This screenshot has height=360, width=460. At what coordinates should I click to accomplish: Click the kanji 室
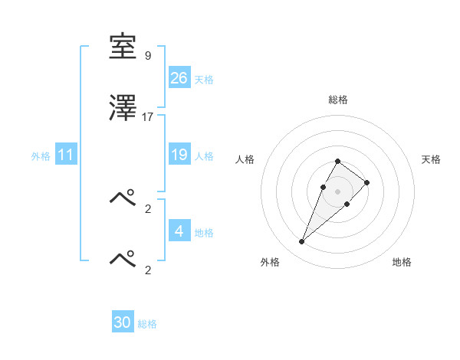123,47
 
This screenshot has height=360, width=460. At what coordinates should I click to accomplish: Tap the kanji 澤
123,109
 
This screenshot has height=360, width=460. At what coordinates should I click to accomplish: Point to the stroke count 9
148,56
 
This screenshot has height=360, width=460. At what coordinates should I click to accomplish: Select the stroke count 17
148,117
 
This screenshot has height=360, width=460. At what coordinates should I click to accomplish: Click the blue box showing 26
179,78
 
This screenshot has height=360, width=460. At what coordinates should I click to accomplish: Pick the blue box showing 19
179,155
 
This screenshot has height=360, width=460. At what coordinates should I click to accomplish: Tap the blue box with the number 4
179,231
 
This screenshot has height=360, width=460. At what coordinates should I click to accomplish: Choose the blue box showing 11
66,155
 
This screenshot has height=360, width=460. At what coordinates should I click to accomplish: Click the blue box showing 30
123,323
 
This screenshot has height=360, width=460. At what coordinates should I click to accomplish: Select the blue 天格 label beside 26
204,80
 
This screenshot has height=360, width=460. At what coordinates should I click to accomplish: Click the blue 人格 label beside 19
204,156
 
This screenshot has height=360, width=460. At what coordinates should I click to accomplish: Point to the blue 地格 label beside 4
204,233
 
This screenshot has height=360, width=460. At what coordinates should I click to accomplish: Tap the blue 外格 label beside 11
41,156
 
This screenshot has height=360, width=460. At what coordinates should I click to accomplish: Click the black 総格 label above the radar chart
338,100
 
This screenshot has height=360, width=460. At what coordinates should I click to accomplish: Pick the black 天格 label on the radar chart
432,159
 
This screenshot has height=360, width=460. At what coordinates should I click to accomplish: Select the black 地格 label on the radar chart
402,262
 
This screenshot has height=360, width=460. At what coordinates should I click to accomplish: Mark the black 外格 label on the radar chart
270,262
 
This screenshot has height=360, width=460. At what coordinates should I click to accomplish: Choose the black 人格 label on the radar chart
245,159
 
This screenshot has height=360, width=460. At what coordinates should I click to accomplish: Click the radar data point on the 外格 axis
301,242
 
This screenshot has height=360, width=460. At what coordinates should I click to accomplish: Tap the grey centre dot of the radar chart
338,191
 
